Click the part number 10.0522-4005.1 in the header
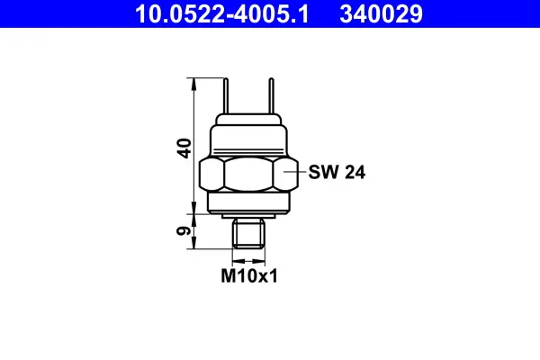click(x=221, y=13)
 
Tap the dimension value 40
click(x=184, y=148)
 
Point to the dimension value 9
click(x=184, y=231)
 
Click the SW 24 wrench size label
click(x=337, y=172)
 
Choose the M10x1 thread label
click(x=249, y=277)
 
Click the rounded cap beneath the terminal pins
click(x=249, y=121)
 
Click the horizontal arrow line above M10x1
click(x=248, y=257)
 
